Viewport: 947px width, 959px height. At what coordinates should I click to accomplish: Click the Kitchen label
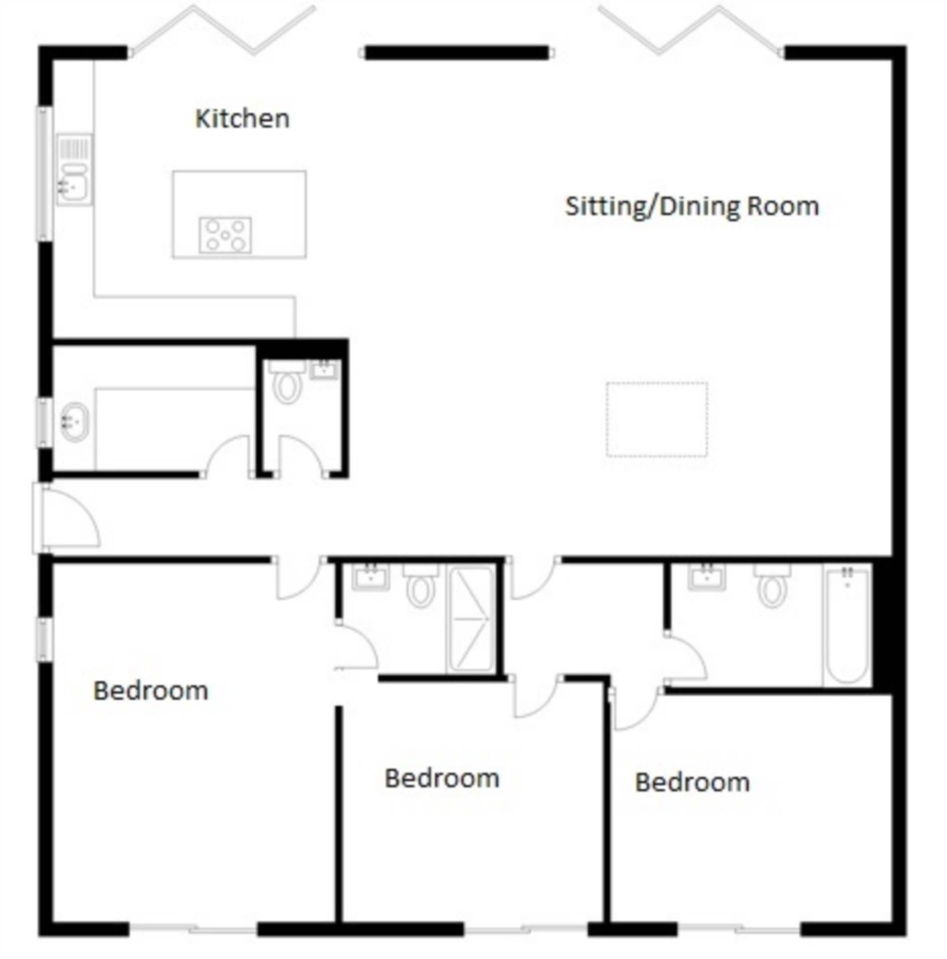coord(242,119)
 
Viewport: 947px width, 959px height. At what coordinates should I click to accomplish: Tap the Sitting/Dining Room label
coord(692,206)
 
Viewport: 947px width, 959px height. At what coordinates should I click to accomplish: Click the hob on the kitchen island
coord(225,235)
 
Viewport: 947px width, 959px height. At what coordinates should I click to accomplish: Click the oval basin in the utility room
coord(75,422)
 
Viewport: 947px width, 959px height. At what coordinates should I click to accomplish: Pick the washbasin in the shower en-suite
coord(370,578)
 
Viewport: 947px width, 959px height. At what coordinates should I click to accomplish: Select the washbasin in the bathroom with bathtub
coord(707,578)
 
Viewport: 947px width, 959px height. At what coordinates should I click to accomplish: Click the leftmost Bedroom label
coord(151,691)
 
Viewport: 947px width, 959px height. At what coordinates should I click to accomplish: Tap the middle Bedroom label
coord(442,778)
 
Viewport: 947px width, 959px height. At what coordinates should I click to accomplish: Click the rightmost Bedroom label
coord(692,782)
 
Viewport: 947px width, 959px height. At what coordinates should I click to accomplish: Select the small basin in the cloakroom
coord(324,370)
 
